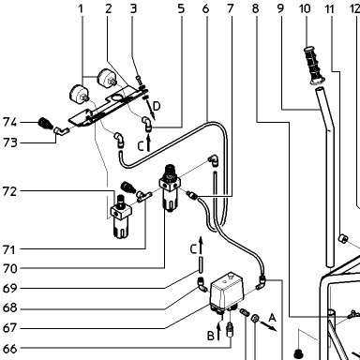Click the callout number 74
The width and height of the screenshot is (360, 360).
click(9, 122)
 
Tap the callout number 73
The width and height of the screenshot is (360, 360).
click(9, 142)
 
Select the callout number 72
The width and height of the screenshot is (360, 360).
click(9, 191)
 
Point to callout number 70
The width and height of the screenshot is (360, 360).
click(9, 268)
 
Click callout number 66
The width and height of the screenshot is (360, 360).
click(9, 349)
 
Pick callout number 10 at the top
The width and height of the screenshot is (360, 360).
click(305, 8)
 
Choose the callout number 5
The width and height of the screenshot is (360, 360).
click(181, 8)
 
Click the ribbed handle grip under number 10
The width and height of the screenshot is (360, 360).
click(314, 66)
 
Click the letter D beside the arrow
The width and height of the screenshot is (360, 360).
click(157, 106)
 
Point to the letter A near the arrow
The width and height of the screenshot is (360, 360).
click(273, 318)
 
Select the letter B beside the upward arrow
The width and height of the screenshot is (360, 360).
click(211, 336)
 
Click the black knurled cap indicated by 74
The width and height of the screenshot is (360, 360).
click(44, 123)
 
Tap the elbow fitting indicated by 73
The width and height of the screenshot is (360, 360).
click(61, 131)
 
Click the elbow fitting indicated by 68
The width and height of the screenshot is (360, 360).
click(202, 283)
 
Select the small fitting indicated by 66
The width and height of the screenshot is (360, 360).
click(231, 329)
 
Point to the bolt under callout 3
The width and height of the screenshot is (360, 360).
click(139, 80)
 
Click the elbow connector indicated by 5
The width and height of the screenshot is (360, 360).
click(146, 124)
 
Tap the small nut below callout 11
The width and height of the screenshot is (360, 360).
click(343, 239)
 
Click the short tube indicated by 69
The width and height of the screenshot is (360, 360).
click(201, 264)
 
